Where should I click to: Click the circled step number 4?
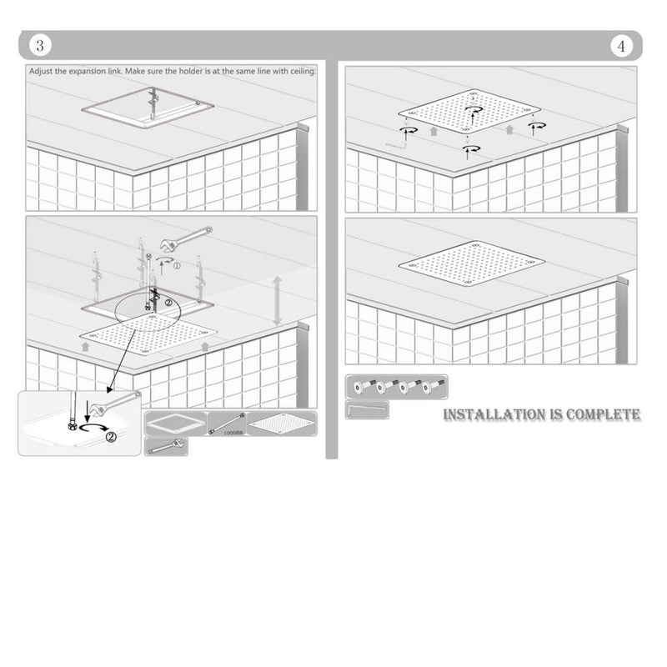[623, 46]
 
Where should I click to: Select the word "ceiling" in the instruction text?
[299, 72]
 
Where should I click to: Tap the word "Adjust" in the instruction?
[44, 72]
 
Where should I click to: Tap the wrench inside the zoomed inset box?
[116, 403]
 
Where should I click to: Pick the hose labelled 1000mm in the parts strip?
[226, 424]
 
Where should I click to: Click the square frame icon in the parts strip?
[175, 424]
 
